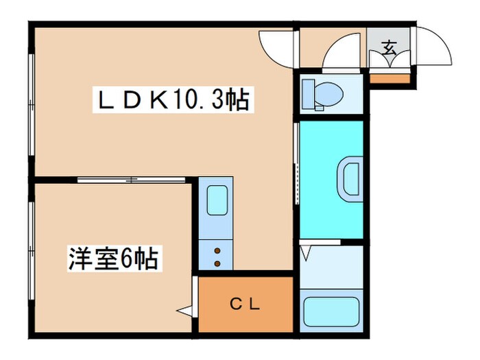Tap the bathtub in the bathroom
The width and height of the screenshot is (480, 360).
(332, 311)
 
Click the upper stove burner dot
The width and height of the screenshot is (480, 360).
(217, 250)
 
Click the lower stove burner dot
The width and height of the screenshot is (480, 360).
(217, 263)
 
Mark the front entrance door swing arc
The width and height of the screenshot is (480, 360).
(435, 47)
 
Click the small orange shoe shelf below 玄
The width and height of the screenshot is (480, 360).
(389, 77)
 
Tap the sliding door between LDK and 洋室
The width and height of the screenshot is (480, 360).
(130, 180)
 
